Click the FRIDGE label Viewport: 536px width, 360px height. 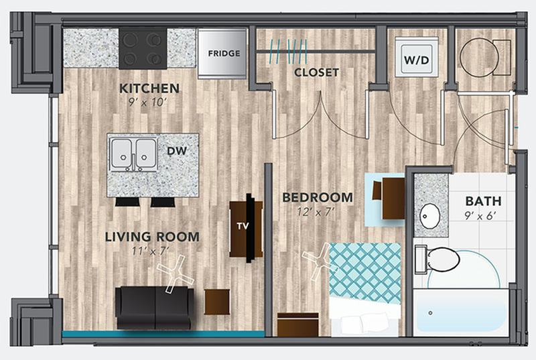224,54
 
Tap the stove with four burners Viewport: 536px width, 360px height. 143,48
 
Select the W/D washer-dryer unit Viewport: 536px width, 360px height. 416,57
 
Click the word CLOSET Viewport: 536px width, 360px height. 316,72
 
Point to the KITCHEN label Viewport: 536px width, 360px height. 149,88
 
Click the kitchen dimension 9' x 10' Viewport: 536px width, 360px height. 147,102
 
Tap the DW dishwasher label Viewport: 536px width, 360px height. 177,151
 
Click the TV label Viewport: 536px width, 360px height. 243,226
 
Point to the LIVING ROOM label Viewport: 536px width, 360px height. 152,237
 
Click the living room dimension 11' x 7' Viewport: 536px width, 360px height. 151,251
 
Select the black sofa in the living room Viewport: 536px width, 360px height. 155,308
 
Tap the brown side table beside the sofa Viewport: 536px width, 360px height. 217,302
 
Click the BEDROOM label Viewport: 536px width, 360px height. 318,198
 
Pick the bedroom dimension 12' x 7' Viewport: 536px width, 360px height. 315,213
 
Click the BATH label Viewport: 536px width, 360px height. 483,201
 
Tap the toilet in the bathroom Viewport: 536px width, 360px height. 437,259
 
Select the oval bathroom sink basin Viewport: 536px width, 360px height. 430,216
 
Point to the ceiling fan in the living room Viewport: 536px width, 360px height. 176,274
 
